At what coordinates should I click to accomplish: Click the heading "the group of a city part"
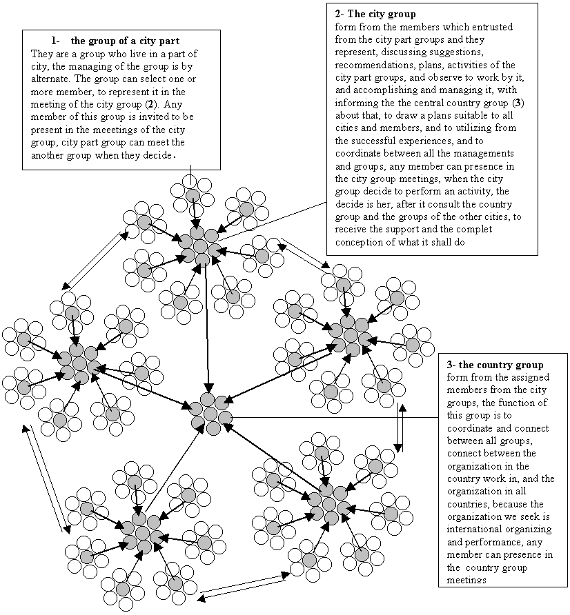pyautogui.click(x=125, y=41)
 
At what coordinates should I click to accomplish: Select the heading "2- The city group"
pyautogui.click(x=375, y=14)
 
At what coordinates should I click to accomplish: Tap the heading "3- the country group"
pyautogui.click(x=495, y=365)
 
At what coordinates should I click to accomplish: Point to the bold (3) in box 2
pyautogui.click(x=518, y=103)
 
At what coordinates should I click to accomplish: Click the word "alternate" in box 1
pyautogui.click(x=50, y=79)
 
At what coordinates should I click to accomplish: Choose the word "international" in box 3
pyautogui.click(x=471, y=529)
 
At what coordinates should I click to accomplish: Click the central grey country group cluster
pyautogui.click(x=210, y=414)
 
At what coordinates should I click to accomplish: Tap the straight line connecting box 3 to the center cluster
pyautogui.click(x=335, y=417)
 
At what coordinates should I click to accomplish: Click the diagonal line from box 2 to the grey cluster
pyautogui.click(x=273, y=221)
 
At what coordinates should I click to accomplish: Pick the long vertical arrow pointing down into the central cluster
pyautogui.click(x=208, y=329)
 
